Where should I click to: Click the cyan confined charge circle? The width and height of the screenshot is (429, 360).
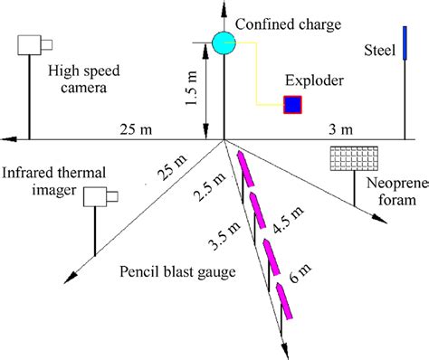[x=223, y=41]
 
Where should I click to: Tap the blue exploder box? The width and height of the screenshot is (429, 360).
[x=293, y=105]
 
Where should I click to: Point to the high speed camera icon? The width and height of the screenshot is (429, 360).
[x=33, y=46]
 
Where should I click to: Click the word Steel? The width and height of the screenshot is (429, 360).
[x=377, y=48]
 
